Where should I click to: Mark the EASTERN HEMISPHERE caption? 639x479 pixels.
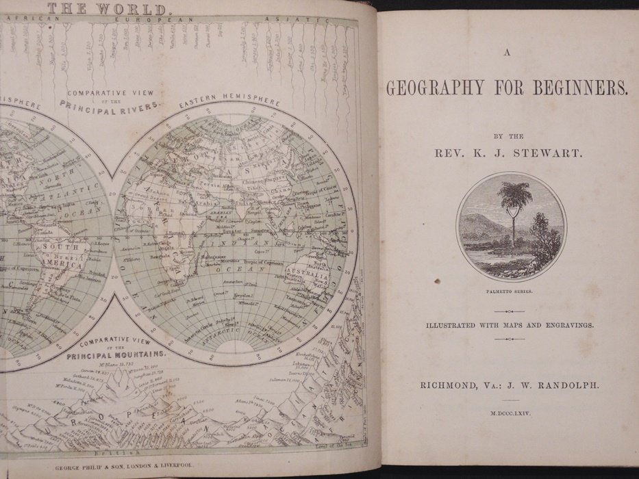pos(229,103)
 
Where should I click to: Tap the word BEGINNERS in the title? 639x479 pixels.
pos(588,88)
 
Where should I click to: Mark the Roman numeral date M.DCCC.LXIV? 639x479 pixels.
pos(512,414)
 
